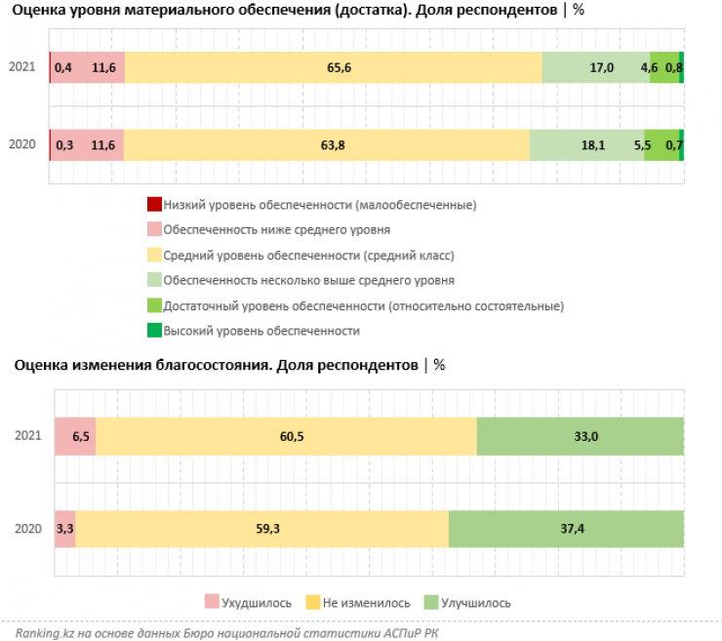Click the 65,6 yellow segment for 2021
coord(333,67)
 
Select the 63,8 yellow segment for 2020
coord(327,144)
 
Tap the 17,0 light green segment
coord(595,67)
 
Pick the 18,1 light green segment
coord(587,144)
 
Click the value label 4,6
coord(649,67)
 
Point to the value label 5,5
coord(642,144)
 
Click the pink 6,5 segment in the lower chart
coord(75,436)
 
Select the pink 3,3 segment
coord(64,529)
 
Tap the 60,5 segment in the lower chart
coord(286,436)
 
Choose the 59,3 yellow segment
coord(261,529)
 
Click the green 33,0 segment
coord(580,436)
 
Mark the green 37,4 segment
coord(566,529)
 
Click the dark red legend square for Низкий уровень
coord(153,205)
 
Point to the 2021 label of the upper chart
coord(21,67)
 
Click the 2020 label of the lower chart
coord(28,529)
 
